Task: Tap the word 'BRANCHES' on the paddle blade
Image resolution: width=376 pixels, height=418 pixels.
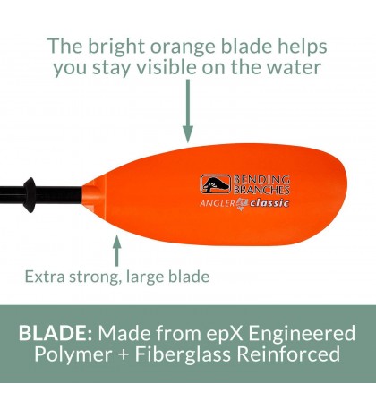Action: pyautogui.click(x=262, y=189)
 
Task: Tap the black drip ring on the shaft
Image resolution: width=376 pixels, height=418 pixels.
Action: pyautogui.click(x=30, y=190)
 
